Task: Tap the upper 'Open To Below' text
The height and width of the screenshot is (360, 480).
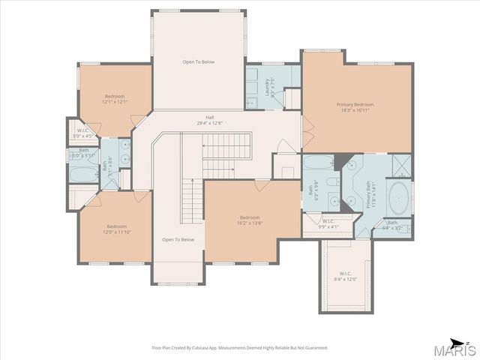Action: (x=198, y=61)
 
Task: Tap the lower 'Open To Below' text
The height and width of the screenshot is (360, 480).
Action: (x=178, y=239)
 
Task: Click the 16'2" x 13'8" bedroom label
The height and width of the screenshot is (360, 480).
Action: (x=250, y=220)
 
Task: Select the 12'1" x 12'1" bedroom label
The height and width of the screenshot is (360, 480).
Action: (x=115, y=98)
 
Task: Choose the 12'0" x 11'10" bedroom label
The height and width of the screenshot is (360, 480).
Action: (x=116, y=229)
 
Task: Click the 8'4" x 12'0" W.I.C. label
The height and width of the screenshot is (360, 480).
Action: (x=345, y=275)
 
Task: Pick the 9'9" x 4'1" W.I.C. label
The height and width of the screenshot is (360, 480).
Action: (x=328, y=223)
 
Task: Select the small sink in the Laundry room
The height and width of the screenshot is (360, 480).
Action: (x=251, y=101)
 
